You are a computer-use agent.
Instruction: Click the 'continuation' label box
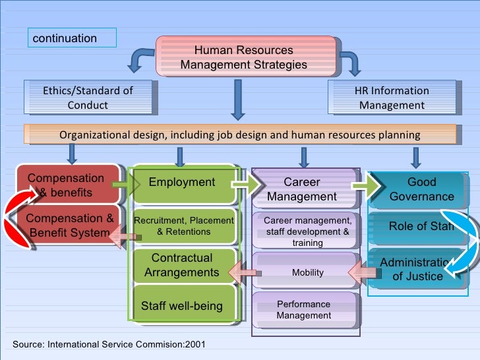point(72,38)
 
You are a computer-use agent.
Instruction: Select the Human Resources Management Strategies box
point(244,57)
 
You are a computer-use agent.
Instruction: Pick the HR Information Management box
point(392,98)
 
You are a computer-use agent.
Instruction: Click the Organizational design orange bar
point(240,135)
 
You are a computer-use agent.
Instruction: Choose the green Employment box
point(183,183)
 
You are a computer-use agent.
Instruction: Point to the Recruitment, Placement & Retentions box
point(184,226)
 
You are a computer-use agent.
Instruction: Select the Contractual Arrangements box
point(183,265)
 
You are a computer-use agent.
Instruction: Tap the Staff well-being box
point(183,306)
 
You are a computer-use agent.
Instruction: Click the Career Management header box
point(302,189)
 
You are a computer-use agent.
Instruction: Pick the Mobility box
point(307,272)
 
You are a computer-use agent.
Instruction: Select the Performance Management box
point(304,310)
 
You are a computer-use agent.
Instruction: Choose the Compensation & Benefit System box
point(69,225)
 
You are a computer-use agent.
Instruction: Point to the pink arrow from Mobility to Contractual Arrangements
point(244,271)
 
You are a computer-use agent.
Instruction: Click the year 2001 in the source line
point(195,345)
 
